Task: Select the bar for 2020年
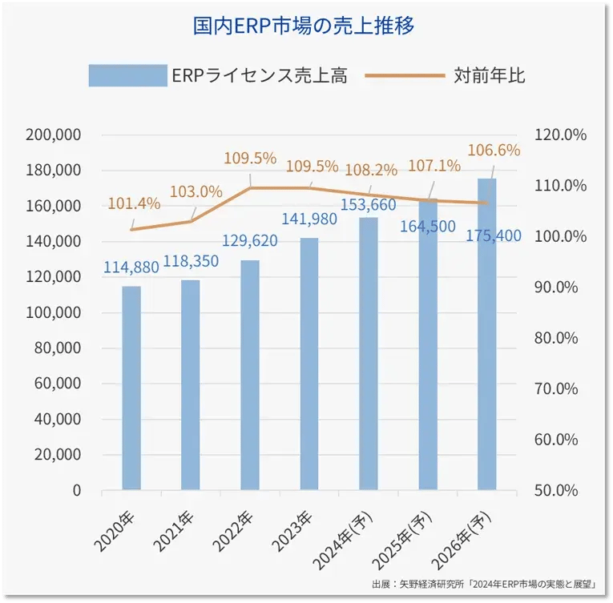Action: tap(131, 388)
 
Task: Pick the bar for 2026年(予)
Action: tap(487, 334)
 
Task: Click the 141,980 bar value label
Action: tap(309, 219)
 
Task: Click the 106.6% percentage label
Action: tap(494, 150)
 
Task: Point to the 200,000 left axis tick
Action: tap(53, 135)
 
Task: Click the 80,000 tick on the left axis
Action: tap(57, 348)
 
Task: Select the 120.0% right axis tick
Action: tap(561, 135)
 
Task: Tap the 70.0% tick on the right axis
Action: tap(561, 389)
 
